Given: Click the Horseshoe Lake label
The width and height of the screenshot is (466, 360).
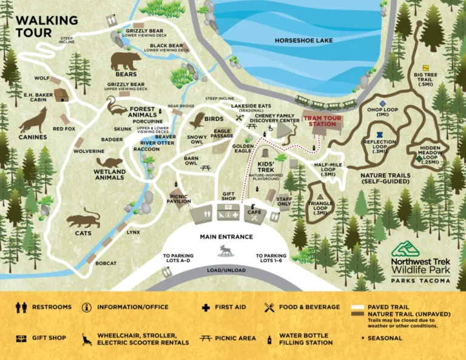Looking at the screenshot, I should (303, 40).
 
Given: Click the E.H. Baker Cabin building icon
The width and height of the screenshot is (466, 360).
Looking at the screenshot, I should (61, 95).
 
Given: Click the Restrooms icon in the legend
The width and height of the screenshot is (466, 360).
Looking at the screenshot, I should (21, 307).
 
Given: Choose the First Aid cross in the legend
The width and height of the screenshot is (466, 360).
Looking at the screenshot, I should (207, 307).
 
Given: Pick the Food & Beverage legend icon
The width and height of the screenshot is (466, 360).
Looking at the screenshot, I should (269, 307).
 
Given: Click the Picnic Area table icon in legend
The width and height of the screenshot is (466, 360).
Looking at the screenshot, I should (206, 338).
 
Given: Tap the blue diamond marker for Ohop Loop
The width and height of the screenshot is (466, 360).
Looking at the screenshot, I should (382, 104).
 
